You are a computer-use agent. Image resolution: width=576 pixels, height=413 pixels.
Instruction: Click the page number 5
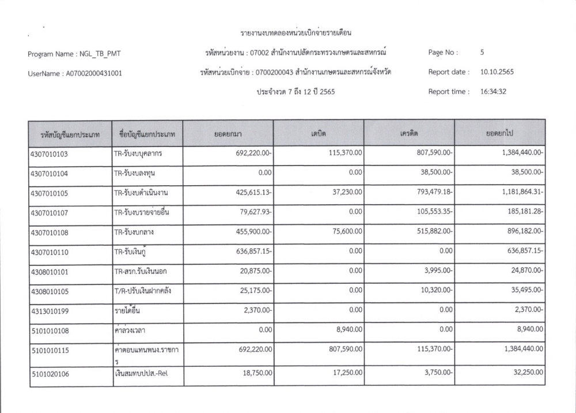click(482, 52)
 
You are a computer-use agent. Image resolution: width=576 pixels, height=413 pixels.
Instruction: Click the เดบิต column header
click(319, 133)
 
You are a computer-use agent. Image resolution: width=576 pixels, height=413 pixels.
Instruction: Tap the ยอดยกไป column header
click(499, 133)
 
